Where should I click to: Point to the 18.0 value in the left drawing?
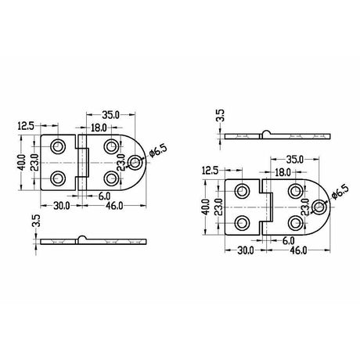(x=99, y=128)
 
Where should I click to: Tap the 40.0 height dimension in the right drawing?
(x=204, y=207)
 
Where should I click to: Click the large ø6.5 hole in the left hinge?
(x=136, y=163)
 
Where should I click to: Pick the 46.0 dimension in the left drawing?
(x=114, y=206)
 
